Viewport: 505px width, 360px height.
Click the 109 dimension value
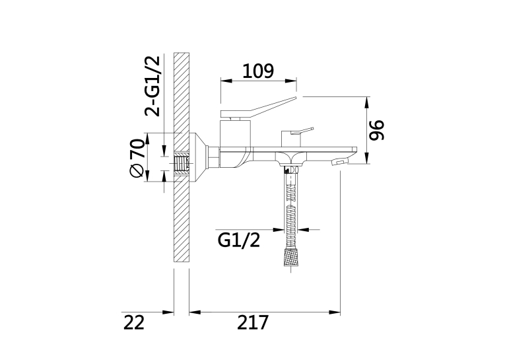click(258, 71)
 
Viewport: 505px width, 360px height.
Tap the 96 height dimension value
click(376, 130)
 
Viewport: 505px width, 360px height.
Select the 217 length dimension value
click(253, 322)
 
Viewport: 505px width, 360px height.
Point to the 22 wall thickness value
click(134, 322)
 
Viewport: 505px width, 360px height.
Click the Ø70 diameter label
click(137, 158)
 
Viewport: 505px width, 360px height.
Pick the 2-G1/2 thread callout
click(152, 86)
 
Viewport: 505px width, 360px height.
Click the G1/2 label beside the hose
click(239, 240)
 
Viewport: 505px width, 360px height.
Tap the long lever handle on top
click(258, 107)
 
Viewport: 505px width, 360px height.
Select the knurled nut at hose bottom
click(290, 257)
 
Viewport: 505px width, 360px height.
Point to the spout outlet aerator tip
click(340, 162)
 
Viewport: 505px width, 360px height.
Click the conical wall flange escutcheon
click(199, 158)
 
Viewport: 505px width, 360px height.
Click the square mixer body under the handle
click(235, 133)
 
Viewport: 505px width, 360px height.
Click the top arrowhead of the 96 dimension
click(366, 102)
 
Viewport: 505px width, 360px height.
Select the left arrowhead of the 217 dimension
click(195, 312)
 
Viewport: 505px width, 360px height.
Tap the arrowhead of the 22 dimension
click(168, 312)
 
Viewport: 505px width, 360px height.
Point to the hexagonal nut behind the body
click(214, 157)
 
